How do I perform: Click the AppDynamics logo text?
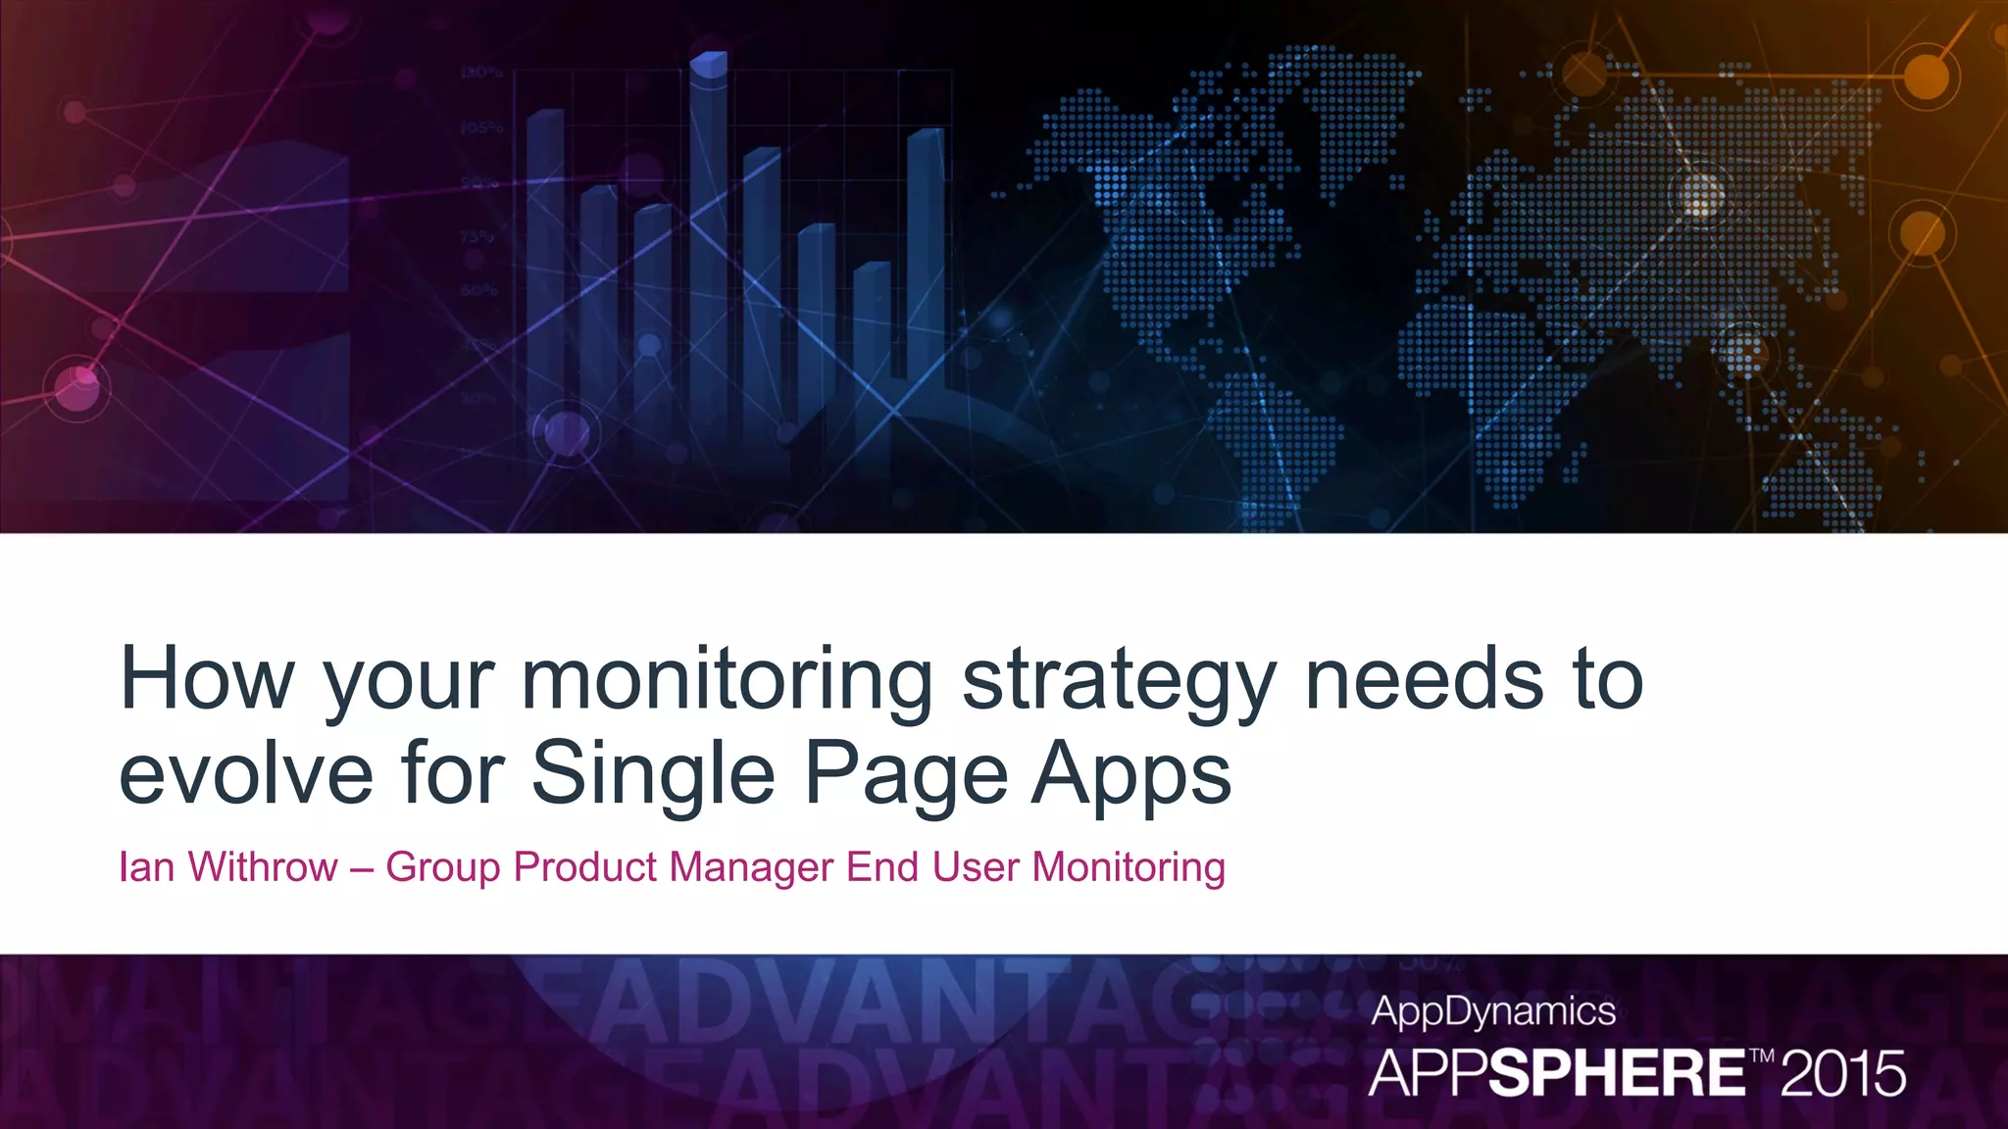(1492, 1010)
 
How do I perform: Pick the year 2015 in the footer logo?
(1842, 1074)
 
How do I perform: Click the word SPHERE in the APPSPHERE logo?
(1617, 1074)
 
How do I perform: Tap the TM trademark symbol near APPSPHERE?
(1762, 1055)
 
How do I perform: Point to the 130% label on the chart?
(480, 73)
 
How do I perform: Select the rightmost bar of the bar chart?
(926, 255)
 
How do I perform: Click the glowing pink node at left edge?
(78, 385)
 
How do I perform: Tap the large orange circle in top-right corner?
(1926, 75)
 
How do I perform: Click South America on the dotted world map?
(1275, 441)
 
